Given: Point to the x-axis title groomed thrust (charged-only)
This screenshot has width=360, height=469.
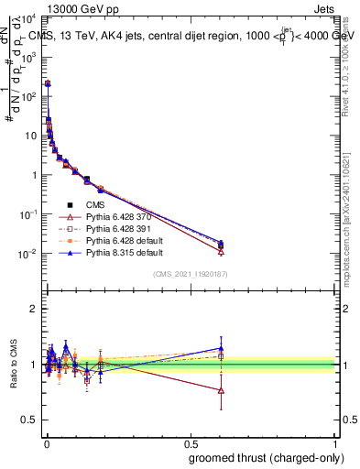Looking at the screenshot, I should click(x=265, y=457).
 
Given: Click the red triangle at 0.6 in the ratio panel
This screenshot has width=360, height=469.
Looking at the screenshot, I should click(x=221, y=390).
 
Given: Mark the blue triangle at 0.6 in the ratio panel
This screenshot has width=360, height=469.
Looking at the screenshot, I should click(x=221, y=348).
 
